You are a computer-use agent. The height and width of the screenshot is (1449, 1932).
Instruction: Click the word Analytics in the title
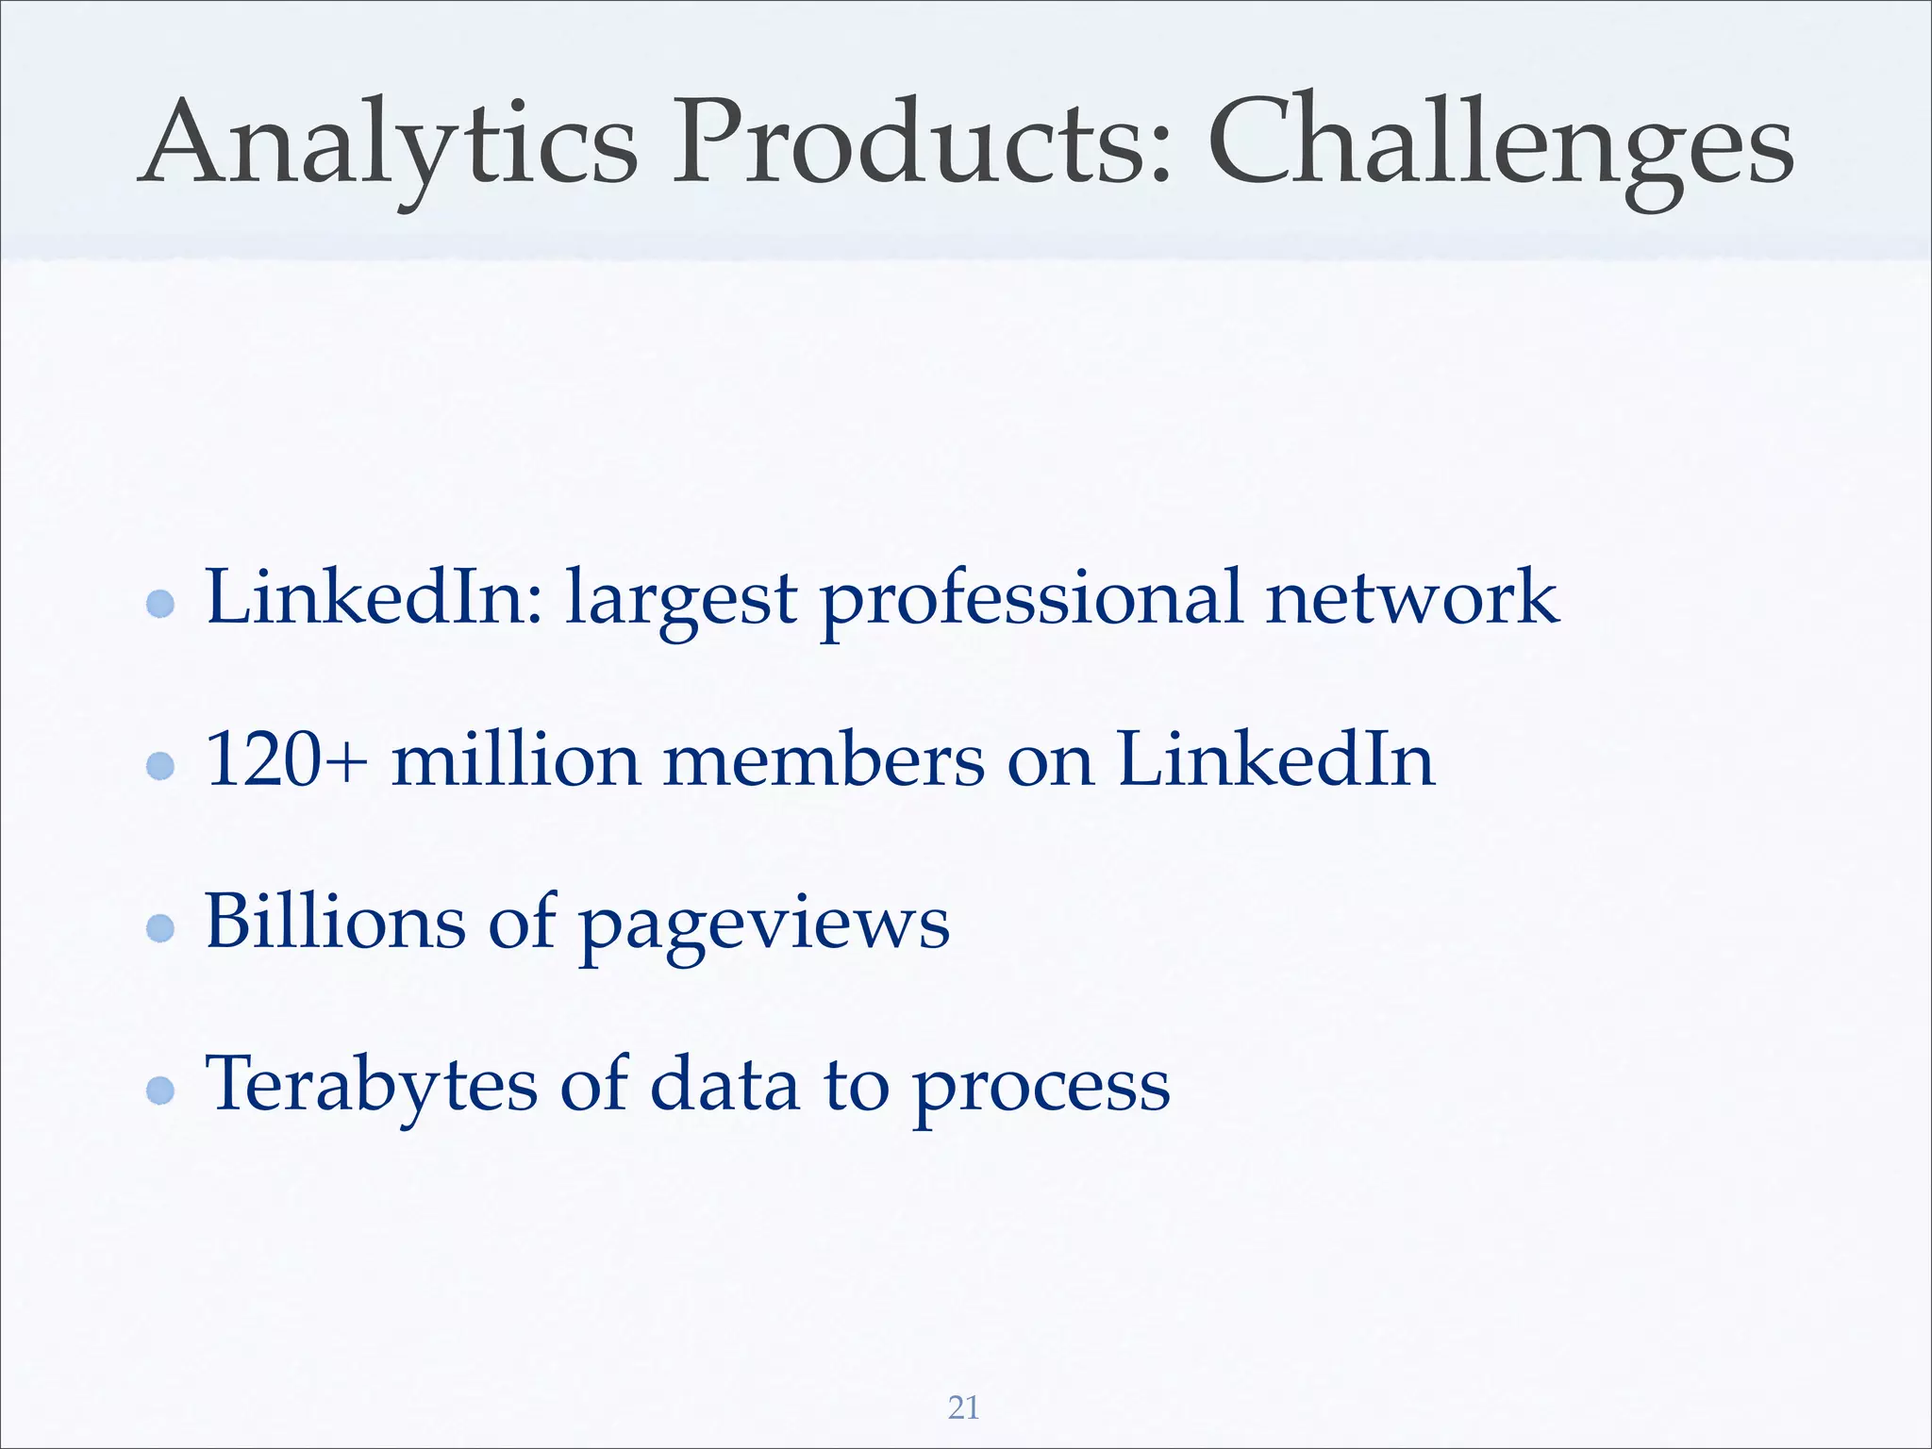[388, 146]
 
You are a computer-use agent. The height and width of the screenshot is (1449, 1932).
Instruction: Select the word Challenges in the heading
[1500, 146]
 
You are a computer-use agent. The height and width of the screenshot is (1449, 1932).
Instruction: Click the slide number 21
[963, 1407]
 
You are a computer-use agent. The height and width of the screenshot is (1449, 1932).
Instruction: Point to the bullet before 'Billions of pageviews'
[161, 928]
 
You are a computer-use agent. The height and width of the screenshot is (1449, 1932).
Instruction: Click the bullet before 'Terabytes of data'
[161, 1091]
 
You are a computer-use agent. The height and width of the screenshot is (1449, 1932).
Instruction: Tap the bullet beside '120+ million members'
[161, 766]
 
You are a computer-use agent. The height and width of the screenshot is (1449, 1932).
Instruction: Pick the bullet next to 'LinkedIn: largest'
[161, 604]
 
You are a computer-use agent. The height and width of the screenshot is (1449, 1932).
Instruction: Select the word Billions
[335, 922]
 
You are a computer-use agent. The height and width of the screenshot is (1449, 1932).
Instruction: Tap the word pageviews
[763, 929]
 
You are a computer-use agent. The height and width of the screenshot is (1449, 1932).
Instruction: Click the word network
[1411, 597]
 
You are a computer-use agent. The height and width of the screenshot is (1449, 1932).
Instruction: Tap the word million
[515, 759]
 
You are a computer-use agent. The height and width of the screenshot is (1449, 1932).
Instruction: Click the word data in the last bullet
[725, 1084]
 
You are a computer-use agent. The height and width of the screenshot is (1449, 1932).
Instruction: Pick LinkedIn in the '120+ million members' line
[1275, 759]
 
